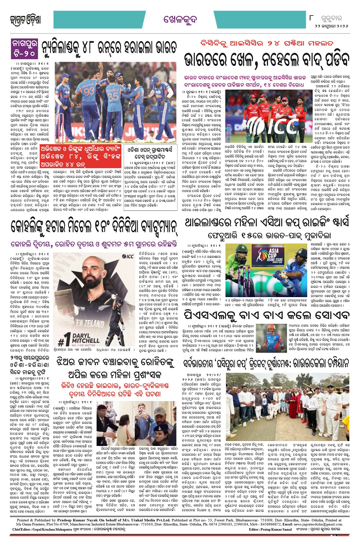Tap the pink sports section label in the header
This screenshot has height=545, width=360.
point(180,19)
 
